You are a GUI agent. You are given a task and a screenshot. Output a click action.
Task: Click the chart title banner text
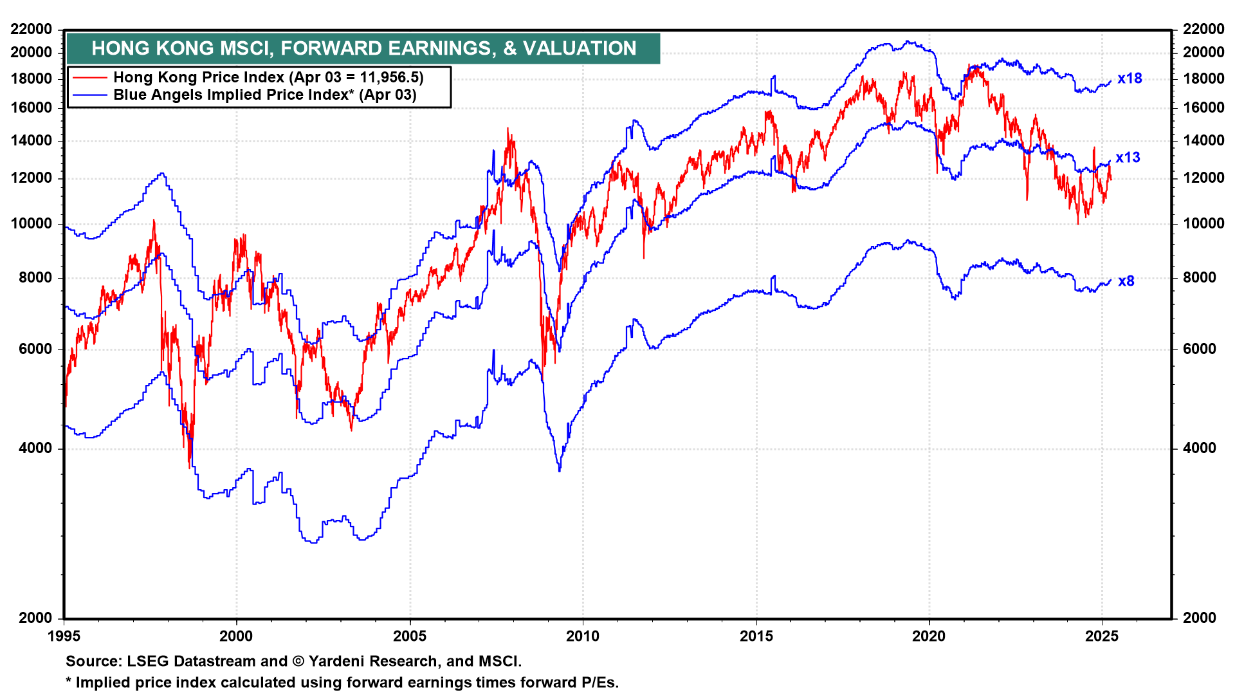click(x=363, y=48)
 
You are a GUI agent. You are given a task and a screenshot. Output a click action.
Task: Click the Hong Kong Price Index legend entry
click(x=268, y=77)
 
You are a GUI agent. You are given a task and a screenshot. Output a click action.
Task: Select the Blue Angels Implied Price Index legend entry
click(x=264, y=95)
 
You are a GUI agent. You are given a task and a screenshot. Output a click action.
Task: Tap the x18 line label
click(x=1130, y=79)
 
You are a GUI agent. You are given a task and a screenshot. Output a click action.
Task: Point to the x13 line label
click(x=1128, y=158)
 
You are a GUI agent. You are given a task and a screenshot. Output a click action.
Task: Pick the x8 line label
click(x=1126, y=281)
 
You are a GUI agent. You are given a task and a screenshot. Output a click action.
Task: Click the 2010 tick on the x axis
click(x=583, y=636)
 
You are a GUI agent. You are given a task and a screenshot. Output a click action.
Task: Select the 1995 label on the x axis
click(x=64, y=636)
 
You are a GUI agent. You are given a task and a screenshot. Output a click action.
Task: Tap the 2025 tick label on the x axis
click(x=1102, y=636)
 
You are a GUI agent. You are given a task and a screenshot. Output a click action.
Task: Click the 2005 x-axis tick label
click(x=410, y=636)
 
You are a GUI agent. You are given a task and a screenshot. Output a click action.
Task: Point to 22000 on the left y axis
click(x=32, y=29)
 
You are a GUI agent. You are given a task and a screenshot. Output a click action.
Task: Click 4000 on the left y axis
click(x=35, y=449)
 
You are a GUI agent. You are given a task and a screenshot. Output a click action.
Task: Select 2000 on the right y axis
click(x=1200, y=618)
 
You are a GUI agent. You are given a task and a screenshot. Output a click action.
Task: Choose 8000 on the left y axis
click(x=35, y=278)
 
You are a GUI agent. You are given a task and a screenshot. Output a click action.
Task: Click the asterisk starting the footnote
click(x=69, y=681)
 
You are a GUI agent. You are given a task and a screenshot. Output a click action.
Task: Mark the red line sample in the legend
click(x=89, y=77)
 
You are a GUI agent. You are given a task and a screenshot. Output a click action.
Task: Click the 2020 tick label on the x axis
click(x=929, y=636)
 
